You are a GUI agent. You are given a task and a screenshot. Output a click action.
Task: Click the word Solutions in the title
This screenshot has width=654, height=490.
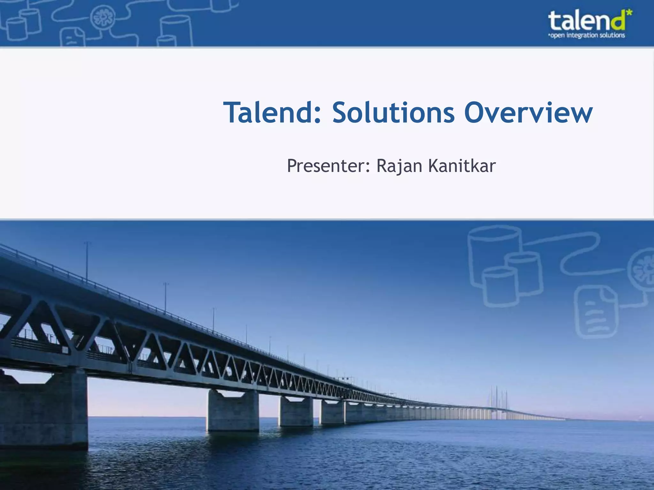pos(393,112)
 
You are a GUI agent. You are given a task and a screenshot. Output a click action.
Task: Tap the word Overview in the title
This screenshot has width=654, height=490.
pos(528,112)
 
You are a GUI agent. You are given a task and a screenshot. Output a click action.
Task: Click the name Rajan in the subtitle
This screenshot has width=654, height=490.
pos(399,166)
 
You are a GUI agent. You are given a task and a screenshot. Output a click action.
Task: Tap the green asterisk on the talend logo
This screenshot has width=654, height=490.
pos(629,14)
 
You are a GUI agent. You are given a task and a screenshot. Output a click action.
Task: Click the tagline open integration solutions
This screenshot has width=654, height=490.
pos(587,35)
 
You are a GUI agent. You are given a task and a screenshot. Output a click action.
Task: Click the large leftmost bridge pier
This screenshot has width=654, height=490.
pos(45,412)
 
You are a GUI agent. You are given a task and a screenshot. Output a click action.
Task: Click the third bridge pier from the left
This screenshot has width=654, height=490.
pos(296,412)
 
